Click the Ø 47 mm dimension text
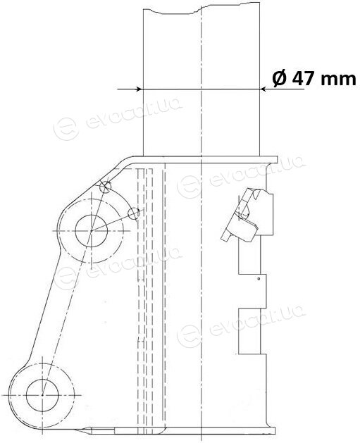314,78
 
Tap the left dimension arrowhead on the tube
139,89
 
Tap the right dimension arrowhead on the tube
264,89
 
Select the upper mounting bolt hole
92,231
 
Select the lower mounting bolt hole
42,394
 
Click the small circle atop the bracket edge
106,186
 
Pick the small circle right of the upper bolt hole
134,213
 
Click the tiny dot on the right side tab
259,279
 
